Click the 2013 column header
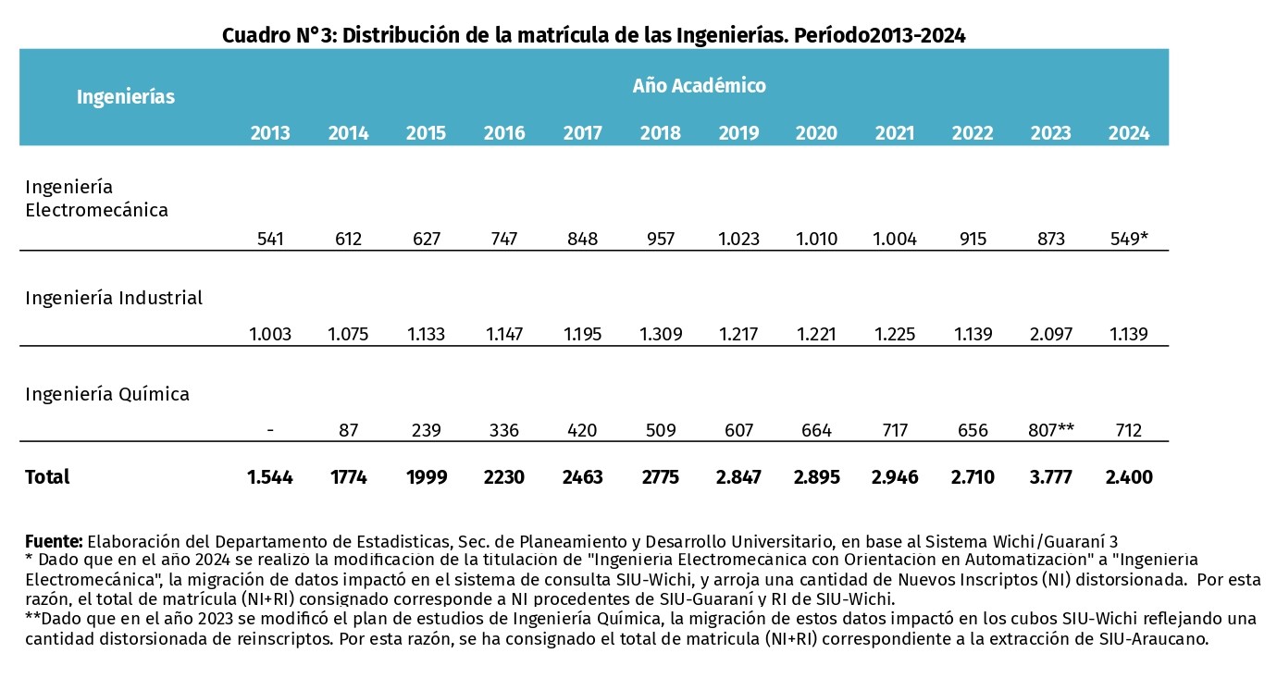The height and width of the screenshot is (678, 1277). (270, 133)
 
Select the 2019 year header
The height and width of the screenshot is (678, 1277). (738, 133)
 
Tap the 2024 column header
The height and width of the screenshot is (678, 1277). (1129, 133)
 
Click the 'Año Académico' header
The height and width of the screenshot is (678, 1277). (700, 85)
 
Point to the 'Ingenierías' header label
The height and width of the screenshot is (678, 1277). (126, 97)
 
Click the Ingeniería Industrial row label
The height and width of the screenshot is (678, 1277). (114, 298)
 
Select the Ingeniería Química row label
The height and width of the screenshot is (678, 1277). (107, 394)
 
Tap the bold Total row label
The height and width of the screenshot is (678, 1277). (47, 477)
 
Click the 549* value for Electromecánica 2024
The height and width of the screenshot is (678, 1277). (1129, 238)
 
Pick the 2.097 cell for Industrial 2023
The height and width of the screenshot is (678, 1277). (1051, 334)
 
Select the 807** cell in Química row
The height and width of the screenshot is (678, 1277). (1051, 429)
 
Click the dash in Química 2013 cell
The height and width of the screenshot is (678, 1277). (270, 430)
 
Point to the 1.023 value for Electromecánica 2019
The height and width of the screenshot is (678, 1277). (738, 238)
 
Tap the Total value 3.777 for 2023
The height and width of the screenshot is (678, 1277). (1051, 477)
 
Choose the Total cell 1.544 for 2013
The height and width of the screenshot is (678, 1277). (270, 477)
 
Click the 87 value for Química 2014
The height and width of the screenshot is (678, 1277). (348, 429)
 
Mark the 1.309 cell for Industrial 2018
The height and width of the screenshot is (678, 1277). (661, 334)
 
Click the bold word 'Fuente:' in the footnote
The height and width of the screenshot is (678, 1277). (55, 541)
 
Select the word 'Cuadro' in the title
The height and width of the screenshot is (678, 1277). (256, 35)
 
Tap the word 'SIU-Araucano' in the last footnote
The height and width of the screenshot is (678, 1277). (1153, 638)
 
